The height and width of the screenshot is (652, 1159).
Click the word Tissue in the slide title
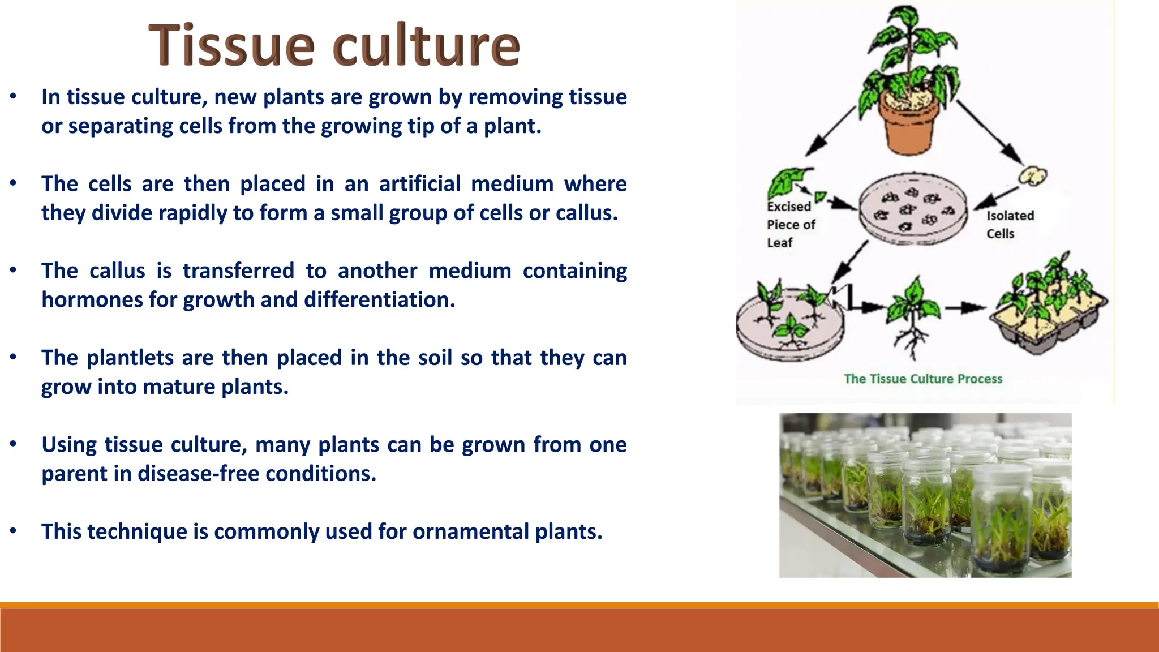pos(231,45)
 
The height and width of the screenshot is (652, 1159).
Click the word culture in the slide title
pos(426,45)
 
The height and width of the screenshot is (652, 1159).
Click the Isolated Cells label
pos(1010,225)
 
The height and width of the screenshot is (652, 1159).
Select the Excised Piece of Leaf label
pos(790,225)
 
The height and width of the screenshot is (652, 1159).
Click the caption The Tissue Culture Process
pos(922,379)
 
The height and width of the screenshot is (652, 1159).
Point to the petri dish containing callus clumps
pos(912,210)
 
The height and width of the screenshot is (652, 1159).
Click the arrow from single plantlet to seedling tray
pos(965,308)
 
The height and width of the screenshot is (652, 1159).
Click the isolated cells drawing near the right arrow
pos(1033,177)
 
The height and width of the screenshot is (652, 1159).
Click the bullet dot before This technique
pos(13,531)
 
